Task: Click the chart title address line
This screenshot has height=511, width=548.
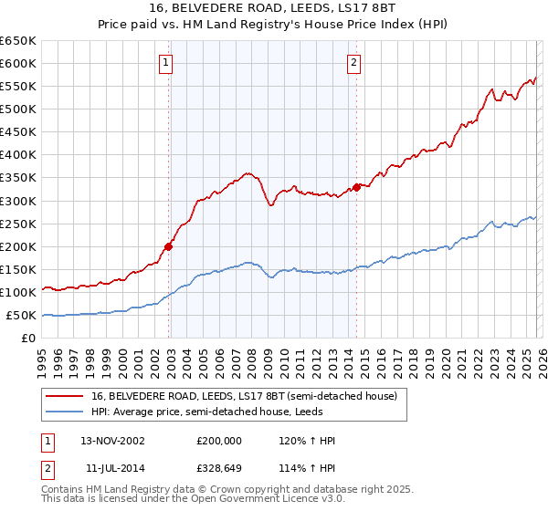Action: (x=273, y=9)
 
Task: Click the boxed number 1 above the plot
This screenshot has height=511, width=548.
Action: (x=165, y=63)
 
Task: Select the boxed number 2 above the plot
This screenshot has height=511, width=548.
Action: (x=353, y=63)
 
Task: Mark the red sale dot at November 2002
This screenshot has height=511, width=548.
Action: (x=169, y=245)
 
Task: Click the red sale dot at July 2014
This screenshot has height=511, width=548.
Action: (x=357, y=187)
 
